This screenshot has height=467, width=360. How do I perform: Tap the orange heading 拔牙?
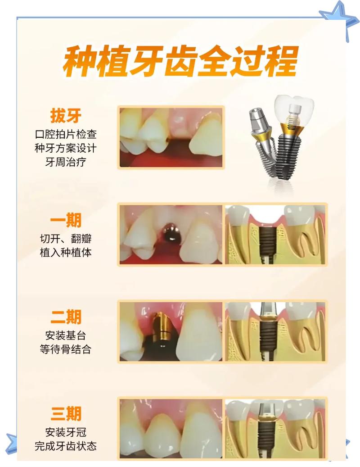(66, 116)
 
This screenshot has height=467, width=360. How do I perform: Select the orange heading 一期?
(66, 221)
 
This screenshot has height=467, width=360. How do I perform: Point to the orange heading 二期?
(66, 317)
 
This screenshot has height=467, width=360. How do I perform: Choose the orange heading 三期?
(66, 413)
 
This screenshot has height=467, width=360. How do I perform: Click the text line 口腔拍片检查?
(66, 134)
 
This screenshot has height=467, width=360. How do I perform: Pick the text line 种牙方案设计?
(66, 148)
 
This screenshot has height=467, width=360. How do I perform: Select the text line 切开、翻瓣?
(66, 239)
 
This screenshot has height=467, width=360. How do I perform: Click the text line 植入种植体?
(66, 253)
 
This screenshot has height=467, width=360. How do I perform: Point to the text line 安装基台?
(66, 336)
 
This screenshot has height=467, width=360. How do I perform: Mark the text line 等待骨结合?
(66, 349)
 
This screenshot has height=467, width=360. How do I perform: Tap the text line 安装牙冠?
(66, 432)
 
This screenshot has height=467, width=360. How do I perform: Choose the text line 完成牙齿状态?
(66, 446)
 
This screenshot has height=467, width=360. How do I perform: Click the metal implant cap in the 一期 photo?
(170, 231)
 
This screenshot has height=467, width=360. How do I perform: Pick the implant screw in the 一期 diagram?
(269, 243)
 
